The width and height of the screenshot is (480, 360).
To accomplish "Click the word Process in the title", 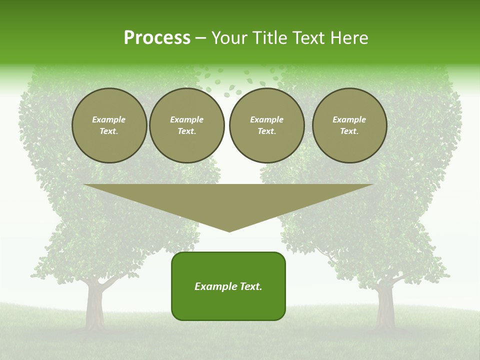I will [x=157, y=38].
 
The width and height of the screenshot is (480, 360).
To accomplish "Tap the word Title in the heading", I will [x=268, y=38].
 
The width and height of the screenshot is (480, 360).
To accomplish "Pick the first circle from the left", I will [x=109, y=125].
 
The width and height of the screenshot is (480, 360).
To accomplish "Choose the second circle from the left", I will [x=187, y=125].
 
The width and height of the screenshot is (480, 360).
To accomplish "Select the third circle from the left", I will [x=267, y=125].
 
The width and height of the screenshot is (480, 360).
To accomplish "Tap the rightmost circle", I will [x=349, y=125].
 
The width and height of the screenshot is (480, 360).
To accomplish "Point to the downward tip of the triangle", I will [x=229, y=230].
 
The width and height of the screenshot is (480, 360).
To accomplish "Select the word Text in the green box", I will [x=249, y=286].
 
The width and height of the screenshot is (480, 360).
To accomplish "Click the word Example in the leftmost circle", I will [x=109, y=119].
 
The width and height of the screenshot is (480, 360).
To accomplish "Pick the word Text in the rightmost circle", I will [x=349, y=131].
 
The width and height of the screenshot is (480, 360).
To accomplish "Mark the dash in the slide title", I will [x=200, y=38].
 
